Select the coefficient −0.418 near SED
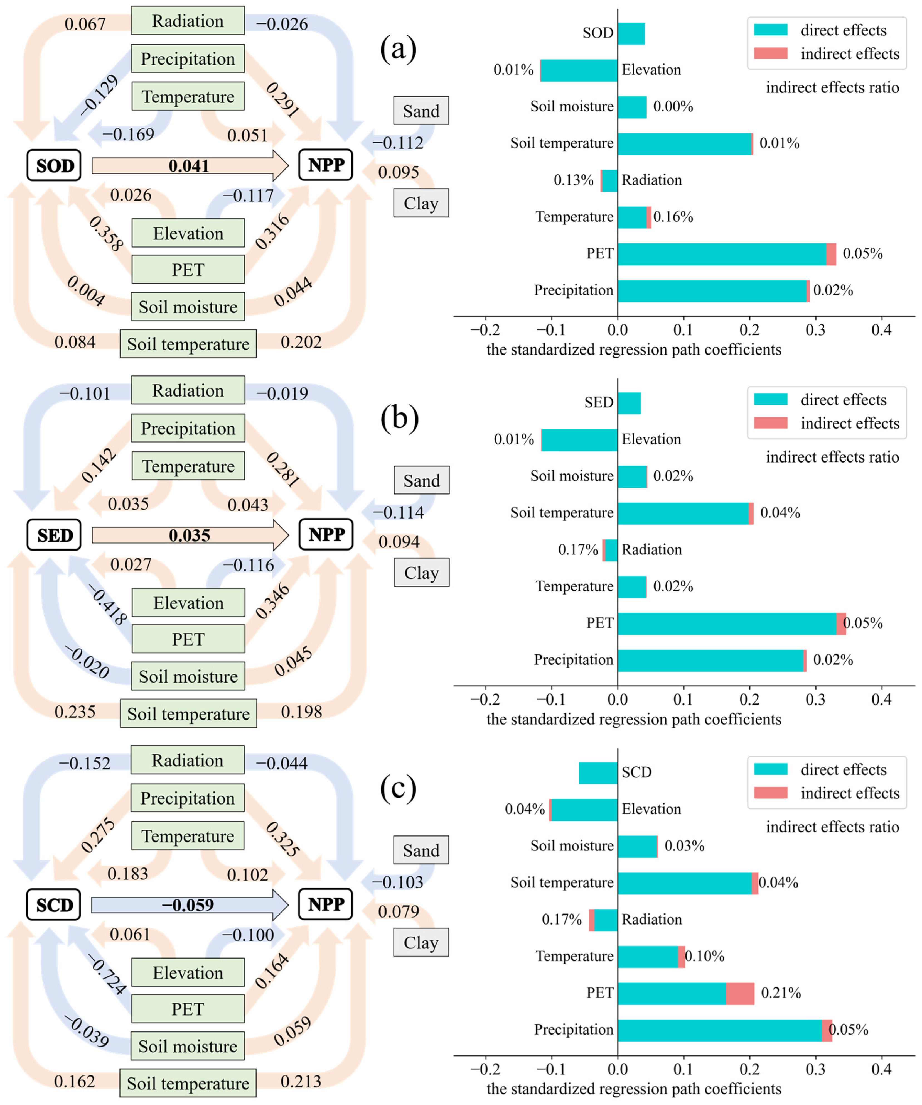[x=108, y=605]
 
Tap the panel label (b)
[x=399, y=418]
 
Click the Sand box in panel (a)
[x=421, y=111]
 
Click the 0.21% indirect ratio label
[x=781, y=993]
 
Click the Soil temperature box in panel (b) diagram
[x=188, y=713]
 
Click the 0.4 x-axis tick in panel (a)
[x=881, y=330]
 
